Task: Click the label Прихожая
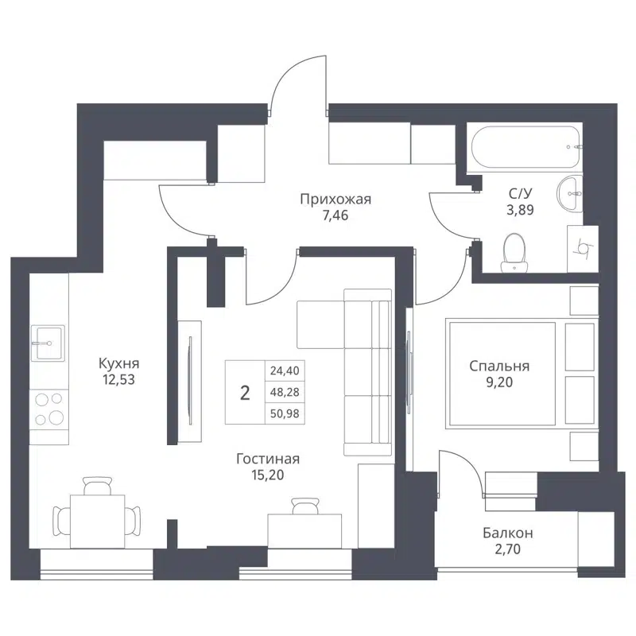pos(335,199)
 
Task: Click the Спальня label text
pos(498,366)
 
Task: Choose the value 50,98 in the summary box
pos(286,414)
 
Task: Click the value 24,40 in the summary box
pos(286,370)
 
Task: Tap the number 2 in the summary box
pos(245,392)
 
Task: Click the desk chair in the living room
pos(302,506)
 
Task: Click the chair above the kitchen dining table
pos(97,485)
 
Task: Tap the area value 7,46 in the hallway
pos(335,215)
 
